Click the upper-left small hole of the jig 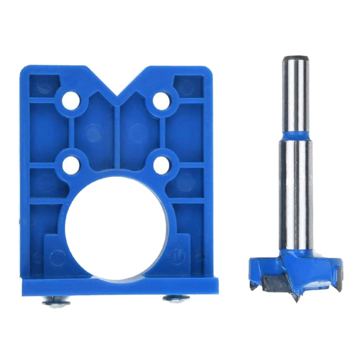[x=71, y=100]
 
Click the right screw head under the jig [x=176, y=298]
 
